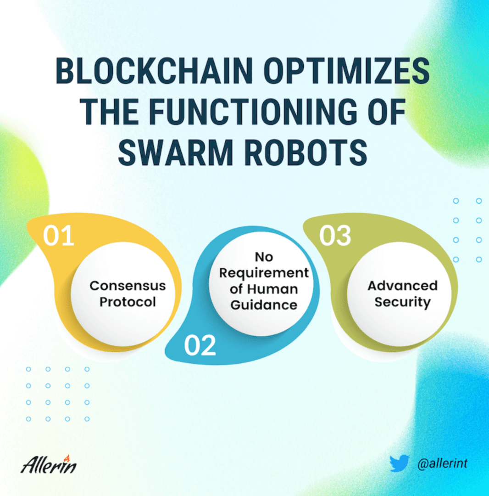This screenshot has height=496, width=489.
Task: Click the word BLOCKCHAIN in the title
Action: [154, 71]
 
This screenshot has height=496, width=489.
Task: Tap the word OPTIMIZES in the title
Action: [346, 71]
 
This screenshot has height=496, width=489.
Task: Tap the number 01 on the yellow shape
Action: [59, 235]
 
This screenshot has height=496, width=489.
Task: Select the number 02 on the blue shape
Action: [200, 345]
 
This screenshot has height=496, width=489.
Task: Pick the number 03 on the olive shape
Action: [335, 235]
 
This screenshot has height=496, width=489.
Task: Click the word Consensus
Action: [128, 286]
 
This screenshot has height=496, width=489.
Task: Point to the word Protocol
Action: [128, 302]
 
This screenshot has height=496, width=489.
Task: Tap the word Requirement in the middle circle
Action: [264, 273]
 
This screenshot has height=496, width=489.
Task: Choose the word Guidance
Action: [264, 305]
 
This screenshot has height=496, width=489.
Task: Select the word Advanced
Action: [402, 286]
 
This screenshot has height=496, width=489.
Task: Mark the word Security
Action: [402, 302]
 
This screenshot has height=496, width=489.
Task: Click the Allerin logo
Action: [49, 464]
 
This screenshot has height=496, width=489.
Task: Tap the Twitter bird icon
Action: [399, 463]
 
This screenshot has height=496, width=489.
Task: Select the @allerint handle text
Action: [442, 464]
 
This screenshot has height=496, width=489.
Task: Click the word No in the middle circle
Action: [264, 257]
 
